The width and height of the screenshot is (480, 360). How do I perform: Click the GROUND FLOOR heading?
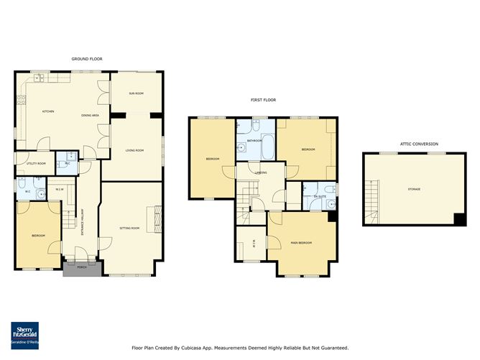[x=86, y=58]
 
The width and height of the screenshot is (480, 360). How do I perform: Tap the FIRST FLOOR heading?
[x=263, y=100]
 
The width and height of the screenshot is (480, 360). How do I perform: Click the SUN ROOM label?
[x=136, y=93]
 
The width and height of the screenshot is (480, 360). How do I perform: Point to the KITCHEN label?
[x=48, y=111]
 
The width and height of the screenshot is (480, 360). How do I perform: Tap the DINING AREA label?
[x=90, y=116]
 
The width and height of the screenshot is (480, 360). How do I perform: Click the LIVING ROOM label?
[x=135, y=150]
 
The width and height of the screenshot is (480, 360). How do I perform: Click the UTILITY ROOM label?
[x=37, y=163]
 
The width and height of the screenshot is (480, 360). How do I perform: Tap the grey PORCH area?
[x=75, y=269]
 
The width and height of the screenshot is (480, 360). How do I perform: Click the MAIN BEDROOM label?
[x=300, y=243]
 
